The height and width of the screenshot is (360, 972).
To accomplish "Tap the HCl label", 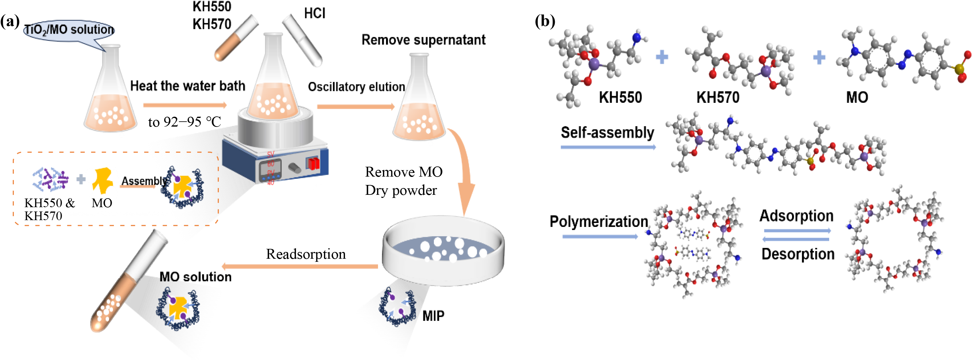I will click(x=314, y=14).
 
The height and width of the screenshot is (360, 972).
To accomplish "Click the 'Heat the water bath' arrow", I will click(x=185, y=105).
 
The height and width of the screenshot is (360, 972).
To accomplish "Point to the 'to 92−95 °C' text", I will click(x=185, y=122).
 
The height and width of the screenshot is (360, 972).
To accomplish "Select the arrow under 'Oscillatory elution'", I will click(x=355, y=107).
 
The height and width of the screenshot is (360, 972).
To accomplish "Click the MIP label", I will click(x=433, y=316).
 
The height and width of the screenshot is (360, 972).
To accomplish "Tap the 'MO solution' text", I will click(x=195, y=277).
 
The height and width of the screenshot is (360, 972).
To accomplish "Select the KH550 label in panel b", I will click(x=620, y=97).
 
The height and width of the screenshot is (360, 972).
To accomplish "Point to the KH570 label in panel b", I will click(x=718, y=97).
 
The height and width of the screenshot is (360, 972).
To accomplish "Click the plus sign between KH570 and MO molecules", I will click(x=819, y=58).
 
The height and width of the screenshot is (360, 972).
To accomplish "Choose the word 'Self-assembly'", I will click(x=607, y=133).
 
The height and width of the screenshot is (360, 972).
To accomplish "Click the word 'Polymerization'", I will click(x=599, y=221).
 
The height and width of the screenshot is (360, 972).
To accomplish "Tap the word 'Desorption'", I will click(x=798, y=254).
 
